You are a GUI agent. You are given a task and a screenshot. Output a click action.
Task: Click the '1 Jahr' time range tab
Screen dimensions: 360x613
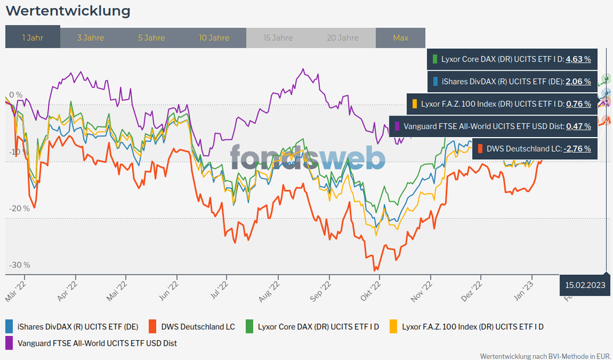point(33,37)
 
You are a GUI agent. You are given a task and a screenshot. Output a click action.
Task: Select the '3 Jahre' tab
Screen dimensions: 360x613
point(90,37)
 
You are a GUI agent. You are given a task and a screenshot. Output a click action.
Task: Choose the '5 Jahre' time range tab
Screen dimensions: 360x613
point(151,37)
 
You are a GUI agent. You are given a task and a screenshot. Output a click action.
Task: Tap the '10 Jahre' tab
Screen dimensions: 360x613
point(214,37)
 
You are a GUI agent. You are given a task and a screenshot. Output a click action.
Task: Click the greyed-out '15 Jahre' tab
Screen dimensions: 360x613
point(278,37)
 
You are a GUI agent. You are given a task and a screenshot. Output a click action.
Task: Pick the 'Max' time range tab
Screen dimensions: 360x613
point(400,37)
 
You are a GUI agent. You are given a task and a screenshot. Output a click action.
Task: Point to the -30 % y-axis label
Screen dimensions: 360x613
point(20,265)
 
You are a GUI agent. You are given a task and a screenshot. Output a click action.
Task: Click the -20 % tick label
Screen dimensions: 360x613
point(20,208)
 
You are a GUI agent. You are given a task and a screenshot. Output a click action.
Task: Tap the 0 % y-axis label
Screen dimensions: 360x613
point(15,95)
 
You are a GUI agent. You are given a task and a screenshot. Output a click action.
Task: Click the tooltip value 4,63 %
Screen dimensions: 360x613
point(578,60)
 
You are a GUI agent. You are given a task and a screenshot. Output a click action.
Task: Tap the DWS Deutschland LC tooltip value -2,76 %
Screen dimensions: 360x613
point(577,148)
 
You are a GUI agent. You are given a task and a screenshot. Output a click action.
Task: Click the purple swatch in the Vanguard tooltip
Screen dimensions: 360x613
point(397,126)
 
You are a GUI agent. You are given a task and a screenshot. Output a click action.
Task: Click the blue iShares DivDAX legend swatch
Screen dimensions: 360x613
point(9,327)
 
